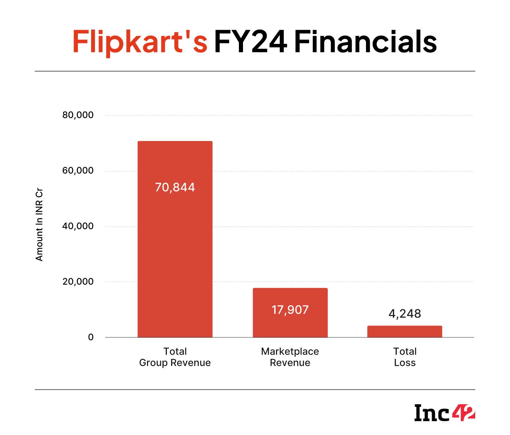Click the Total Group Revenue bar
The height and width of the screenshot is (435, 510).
175,239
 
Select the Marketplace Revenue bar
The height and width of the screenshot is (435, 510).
290,313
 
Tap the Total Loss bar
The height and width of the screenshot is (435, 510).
405,331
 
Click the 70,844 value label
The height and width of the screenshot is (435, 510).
175,187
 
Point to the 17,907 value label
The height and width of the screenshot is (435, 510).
290,310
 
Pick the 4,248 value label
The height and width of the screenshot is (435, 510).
405,314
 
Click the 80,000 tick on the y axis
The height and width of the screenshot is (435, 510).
78,115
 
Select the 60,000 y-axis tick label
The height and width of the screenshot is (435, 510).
78,171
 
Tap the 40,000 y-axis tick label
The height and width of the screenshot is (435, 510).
78,226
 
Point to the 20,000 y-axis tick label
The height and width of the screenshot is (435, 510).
78,282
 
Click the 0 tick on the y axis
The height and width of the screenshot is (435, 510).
90,337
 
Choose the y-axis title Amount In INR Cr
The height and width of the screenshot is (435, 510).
39,225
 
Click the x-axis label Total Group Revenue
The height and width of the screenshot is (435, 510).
175,357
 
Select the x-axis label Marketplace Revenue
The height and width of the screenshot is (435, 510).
290,357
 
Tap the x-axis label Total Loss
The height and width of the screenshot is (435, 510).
405,357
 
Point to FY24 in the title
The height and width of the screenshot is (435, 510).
250,42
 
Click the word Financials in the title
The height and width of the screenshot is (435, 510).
366,42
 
